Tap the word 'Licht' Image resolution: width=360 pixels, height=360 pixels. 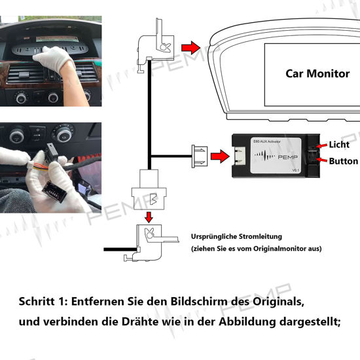point(339,144)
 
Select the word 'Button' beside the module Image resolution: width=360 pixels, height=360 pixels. point(343,161)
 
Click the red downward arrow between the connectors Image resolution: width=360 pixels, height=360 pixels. point(149,215)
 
